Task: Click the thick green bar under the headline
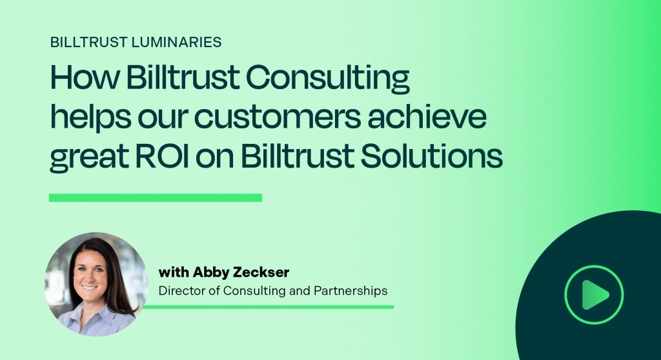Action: pyautogui.click(x=156, y=197)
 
